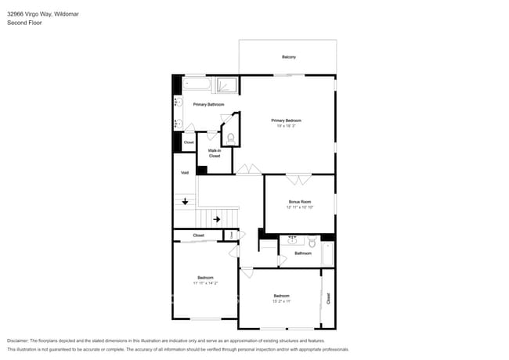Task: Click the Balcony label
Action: (288, 57)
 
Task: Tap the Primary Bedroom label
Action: (286, 121)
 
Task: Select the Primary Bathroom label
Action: (208, 104)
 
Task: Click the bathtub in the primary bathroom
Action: (197, 84)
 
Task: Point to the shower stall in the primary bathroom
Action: (227, 85)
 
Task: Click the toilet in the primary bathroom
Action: (229, 139)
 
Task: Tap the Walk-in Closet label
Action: (214, 153)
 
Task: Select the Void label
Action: (185, 172)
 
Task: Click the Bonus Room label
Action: (299, 202)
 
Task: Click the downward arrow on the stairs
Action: (185, 201)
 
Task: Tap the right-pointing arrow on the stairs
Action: (217, 219)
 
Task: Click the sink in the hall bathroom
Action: (292, 241)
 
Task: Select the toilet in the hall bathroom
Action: (311, 243)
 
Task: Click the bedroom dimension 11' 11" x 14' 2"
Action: (205, 283)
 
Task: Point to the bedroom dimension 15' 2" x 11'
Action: (282, 301)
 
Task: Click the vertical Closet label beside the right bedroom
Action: (328, 298)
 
